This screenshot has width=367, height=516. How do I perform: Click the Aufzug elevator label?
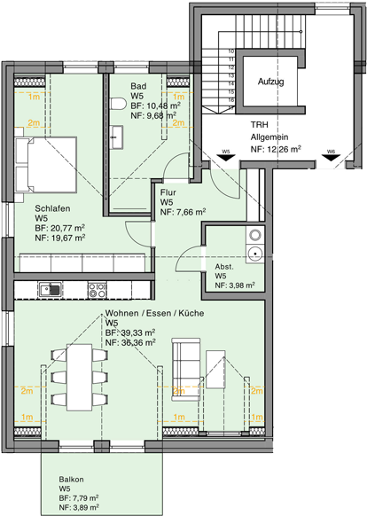tap(270, 82)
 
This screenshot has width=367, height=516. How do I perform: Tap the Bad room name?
tap(138, 84)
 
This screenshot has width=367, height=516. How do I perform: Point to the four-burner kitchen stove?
tap(97, 289)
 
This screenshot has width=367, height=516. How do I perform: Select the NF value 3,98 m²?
tap(235, 285)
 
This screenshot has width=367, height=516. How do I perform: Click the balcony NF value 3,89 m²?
tap(80, 508)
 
